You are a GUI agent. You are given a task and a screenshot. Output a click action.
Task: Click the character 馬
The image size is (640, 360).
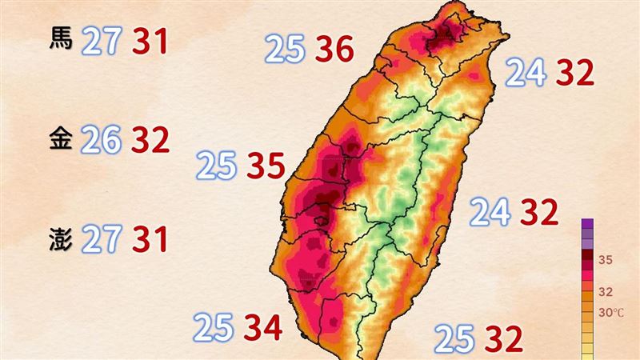click(61, 39)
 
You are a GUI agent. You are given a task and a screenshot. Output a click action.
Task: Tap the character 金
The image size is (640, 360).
click(61, 139)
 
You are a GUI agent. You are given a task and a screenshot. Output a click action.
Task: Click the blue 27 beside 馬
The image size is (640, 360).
click(101, 40)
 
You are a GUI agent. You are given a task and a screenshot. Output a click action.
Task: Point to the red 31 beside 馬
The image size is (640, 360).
click(150, 40)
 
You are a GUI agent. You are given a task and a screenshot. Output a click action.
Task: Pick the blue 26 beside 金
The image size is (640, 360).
click(101, 140)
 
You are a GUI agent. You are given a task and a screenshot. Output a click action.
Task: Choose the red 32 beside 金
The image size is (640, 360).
click(150, 140)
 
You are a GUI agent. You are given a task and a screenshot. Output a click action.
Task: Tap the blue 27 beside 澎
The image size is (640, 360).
click(101, 239)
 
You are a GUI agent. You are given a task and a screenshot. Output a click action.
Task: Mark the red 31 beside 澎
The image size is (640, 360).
click(150, 239)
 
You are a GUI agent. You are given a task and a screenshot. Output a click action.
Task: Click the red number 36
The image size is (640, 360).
click(334, 51)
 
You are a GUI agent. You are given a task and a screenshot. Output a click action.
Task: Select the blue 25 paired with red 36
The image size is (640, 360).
click(286, 51)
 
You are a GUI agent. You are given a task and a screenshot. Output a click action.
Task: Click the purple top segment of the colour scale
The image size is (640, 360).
click(588, 225)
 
